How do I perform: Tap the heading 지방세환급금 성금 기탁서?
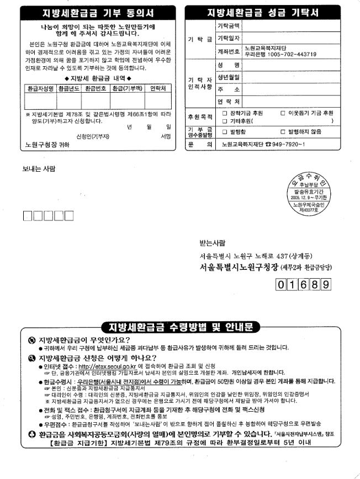(264, 12)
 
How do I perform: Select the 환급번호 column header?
(96, 88)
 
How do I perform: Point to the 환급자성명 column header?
(40, 88)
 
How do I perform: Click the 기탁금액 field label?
(228, 25)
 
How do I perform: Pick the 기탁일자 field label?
(228, 38)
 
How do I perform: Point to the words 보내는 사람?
(39, 169)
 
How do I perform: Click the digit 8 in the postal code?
(315, 285)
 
